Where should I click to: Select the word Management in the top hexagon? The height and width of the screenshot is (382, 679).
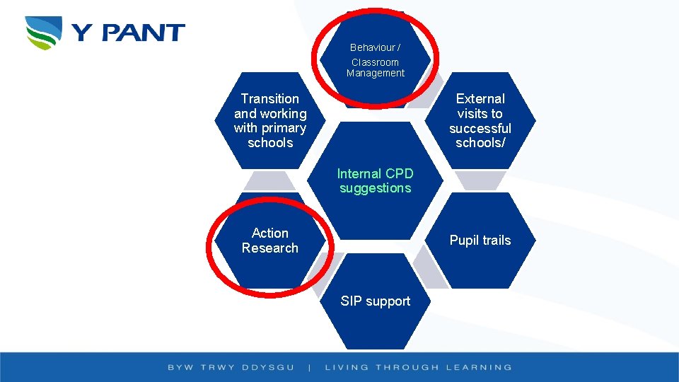(376, 73)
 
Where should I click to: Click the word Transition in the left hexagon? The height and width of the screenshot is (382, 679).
(269, 99)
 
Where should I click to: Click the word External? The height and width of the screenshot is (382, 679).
(480, 99)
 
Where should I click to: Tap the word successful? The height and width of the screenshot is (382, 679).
(480, 128)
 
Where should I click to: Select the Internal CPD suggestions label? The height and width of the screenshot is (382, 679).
(375, 180)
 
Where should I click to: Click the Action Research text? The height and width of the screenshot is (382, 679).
(269, 241)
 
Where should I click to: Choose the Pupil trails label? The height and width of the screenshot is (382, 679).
(480, 241)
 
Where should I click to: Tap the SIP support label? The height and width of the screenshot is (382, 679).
(375, 301)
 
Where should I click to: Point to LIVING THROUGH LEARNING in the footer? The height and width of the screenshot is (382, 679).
(418, 367)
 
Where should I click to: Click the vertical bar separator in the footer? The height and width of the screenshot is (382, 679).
(311, 367)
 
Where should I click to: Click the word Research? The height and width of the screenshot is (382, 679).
(269, 248)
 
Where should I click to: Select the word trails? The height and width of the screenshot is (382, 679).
(497, 241)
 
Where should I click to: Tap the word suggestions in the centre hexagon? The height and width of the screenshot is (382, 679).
(375, 188)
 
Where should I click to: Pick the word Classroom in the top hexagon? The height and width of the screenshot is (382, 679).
(375, 62)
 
